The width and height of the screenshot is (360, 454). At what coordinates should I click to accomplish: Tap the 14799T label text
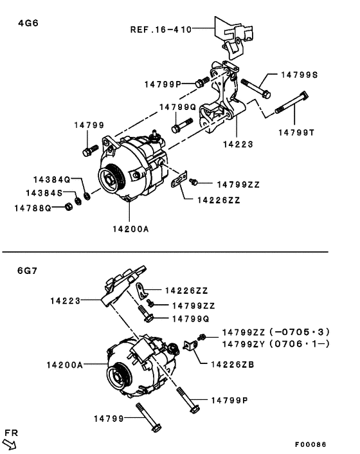click(296, 132)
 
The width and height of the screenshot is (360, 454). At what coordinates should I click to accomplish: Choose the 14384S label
click(44, 193)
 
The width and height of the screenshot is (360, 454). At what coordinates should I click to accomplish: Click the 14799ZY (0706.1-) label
click(276, 344)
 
